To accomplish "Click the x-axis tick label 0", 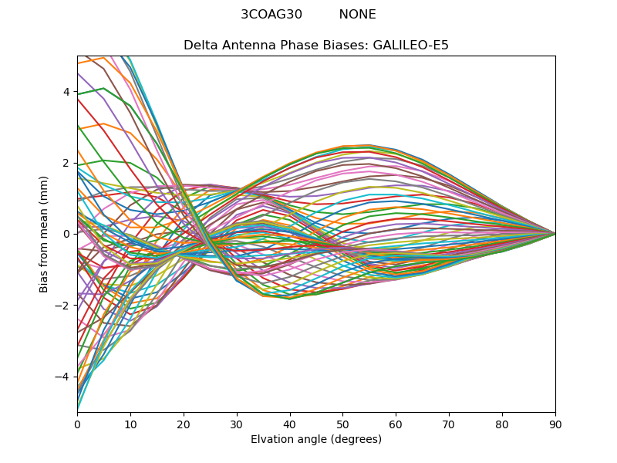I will tap(77, 424).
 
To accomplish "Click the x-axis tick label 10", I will tap(130, 424).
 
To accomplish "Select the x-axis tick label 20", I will tap(184, 424).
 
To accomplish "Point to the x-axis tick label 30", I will tap(237, 424).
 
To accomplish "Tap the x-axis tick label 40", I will tap(290, 424).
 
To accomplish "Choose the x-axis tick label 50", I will tap(342, 424).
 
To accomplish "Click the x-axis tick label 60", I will tap(396, 424).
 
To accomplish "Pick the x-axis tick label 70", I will tap(449, 424).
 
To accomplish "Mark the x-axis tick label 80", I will tap(502, 424).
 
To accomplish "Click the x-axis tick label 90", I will tap(555, 424).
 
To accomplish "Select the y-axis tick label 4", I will tap(66, 92).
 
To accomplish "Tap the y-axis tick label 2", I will tap(66, 163).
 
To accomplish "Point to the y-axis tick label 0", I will tap(66, 234).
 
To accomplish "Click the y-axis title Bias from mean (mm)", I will tap(44, 234).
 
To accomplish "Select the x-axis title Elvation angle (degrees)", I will tap(316, 440).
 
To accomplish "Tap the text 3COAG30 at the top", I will tap(271, 15).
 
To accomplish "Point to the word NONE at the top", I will tap(358, 15).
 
